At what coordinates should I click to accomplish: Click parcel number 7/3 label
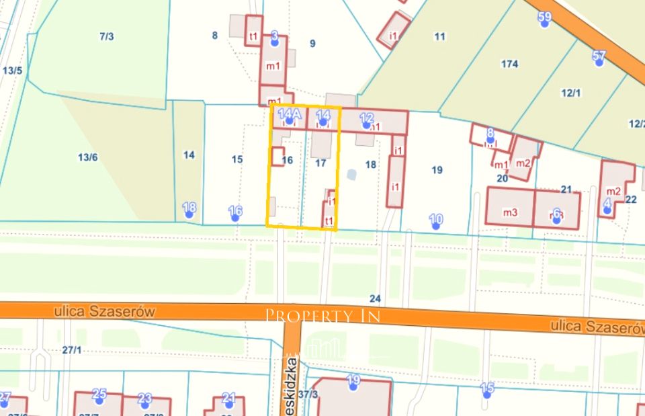(x=106, y=36)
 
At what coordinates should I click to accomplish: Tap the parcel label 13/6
(x=88, y=157)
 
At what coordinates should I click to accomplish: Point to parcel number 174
(x=509, y=64)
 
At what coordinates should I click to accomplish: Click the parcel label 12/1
(x=570, y=93)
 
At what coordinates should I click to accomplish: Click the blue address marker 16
(x=235, y=212)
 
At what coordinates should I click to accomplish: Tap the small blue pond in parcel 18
(x=351, y=175)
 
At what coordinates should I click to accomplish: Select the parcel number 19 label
(x=437, y=169)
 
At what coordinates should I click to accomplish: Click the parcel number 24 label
(x=375, y=298)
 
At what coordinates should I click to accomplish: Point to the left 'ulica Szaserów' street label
(x=103, y=311)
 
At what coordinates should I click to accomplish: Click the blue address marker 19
(x=353, y=382)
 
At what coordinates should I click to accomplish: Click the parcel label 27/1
(x=71, y=349)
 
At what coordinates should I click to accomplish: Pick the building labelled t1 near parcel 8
(x=253, y=35)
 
